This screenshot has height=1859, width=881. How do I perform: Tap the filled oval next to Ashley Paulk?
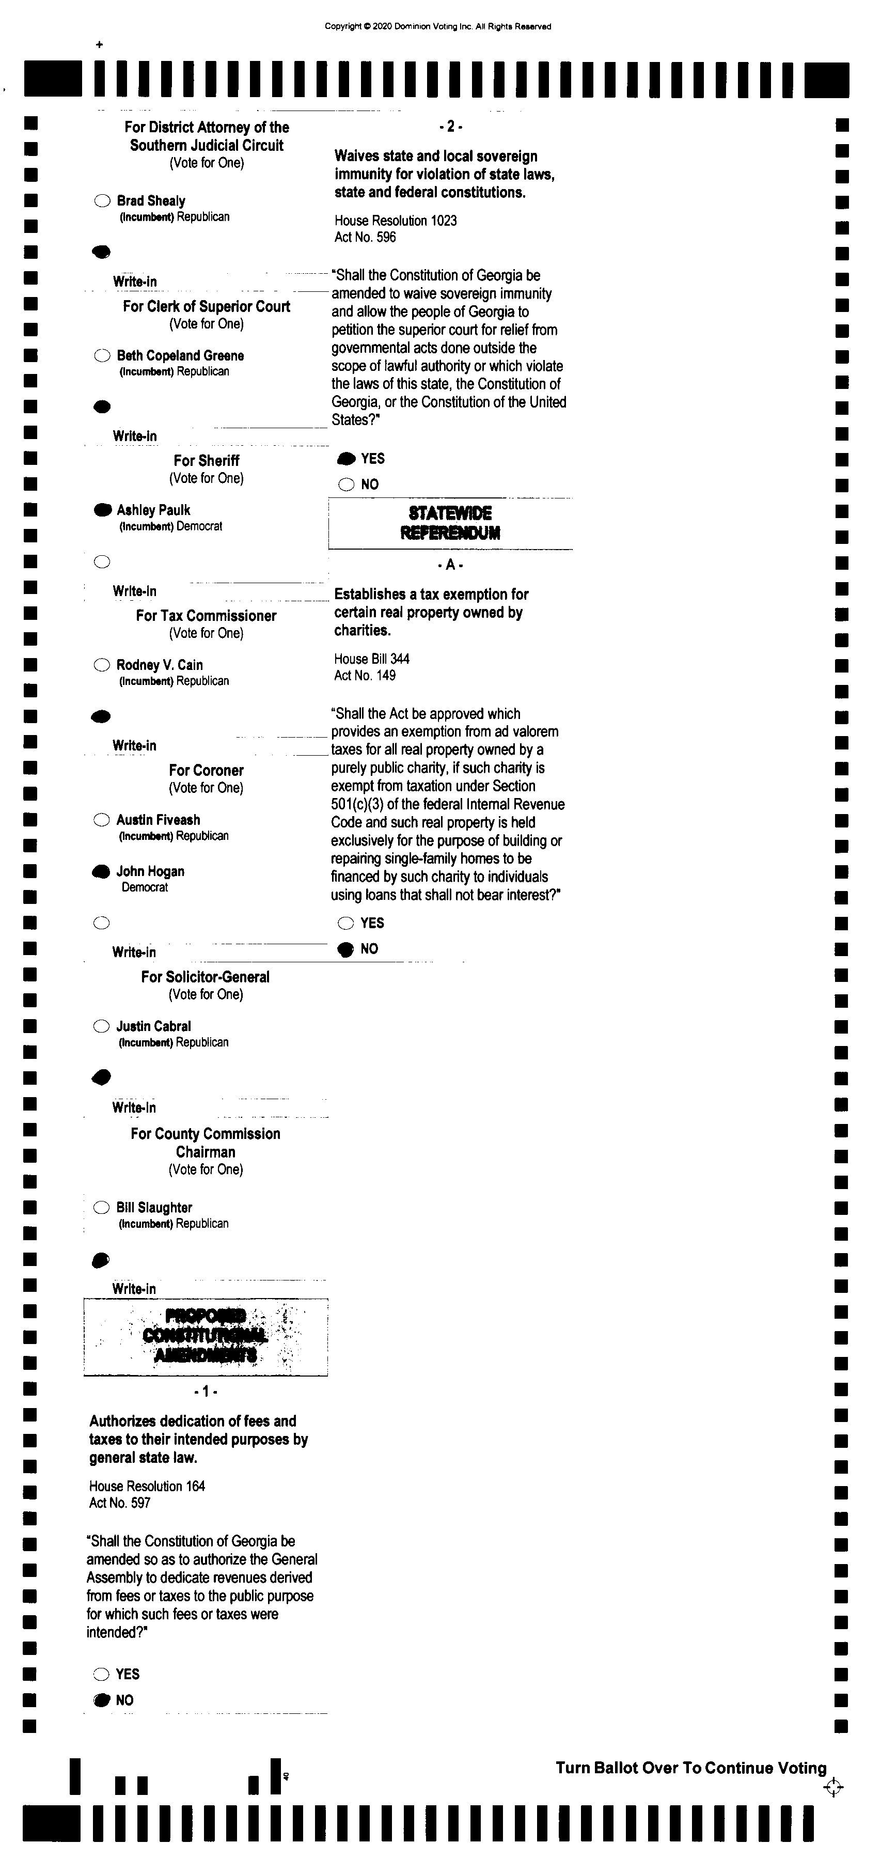[102, 510]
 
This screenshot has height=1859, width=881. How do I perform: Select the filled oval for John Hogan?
[102, 872]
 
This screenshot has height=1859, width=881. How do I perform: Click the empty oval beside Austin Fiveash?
[102, 820]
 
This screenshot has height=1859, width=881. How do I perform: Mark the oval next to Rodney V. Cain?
[102, 665]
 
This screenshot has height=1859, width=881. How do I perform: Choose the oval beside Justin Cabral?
[102, 1026]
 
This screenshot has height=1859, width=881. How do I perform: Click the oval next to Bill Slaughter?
[102, 1207]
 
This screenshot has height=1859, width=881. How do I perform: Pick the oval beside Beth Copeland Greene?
[102, 356]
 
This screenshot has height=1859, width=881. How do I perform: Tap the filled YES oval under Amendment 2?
[347, 459]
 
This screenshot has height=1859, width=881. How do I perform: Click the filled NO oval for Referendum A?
[347, 949]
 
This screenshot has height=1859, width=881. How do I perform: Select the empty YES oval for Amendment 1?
[102, 1674]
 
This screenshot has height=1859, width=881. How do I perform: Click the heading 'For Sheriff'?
[207, 460]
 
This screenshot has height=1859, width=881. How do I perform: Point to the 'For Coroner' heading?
[207, 770]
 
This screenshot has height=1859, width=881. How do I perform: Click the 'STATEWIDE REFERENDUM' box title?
[450, 523]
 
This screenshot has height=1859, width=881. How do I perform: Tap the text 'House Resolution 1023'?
[396, 221]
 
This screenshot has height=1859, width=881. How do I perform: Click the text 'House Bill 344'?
[372, 659]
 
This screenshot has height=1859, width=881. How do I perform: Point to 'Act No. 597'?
[120, 1503]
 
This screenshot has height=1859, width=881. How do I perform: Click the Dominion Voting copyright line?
[437, 27]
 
